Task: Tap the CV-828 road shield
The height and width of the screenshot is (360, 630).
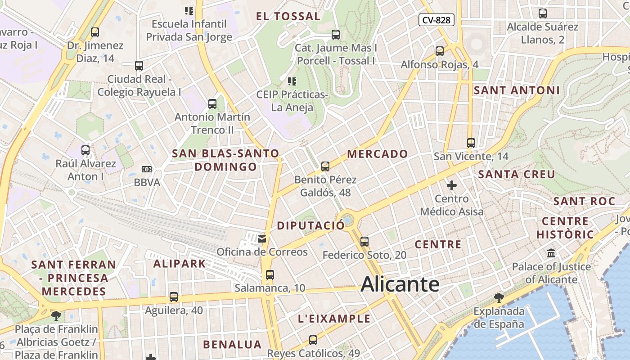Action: (x=436, y=20)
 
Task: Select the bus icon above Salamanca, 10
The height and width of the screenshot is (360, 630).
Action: (x=270, y=274)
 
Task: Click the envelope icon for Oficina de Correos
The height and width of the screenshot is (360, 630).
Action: (x=262, y=238)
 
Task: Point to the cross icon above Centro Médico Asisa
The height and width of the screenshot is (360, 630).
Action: (x=452, y=185)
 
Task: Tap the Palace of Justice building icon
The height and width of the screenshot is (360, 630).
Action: (x=551, y=253)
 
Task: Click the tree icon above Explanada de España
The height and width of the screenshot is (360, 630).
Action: (x=499, y=297)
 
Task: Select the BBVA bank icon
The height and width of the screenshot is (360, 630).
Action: (x=147, y=169)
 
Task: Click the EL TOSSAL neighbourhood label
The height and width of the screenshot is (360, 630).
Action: (x=288, y=17)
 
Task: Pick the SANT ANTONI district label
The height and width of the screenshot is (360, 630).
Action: (x=517, y=90)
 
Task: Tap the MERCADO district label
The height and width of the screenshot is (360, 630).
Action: (x=378, y=154)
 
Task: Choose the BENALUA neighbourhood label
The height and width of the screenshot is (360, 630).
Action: (x=232, y=345)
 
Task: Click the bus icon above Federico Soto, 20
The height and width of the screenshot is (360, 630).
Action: (x=364, y=242)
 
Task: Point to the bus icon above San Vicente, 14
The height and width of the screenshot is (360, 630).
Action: (x=471, y=143)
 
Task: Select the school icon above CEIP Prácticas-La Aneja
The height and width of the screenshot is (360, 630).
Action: (x=292, y=81)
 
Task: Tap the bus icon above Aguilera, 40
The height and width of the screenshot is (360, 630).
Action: (x=174, y=297)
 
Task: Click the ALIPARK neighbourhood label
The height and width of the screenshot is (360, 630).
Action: (x=180, y=264)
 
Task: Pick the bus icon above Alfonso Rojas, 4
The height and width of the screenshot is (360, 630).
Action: (x=440, y=51)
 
